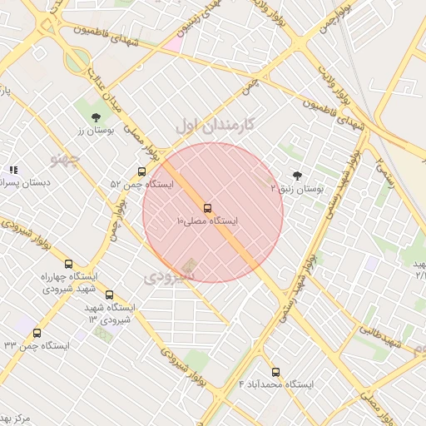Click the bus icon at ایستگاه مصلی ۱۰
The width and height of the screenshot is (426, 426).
coord(207,208)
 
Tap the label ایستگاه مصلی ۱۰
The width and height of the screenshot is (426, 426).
coord(207,222)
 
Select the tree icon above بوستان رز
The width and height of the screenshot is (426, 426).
coord(96,117)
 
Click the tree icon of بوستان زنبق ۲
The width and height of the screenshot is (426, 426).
coord(298,176)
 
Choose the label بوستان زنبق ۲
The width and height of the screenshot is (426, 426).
coord(297,190)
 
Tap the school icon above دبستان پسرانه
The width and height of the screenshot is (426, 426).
coord(12,170)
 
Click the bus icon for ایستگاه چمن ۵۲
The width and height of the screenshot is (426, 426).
coord(141,171)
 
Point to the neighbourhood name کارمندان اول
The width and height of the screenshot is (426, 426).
coord(219,126)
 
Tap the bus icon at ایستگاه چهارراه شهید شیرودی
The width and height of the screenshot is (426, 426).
coord(68,264)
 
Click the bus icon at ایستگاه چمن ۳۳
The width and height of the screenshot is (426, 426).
coord(37,333)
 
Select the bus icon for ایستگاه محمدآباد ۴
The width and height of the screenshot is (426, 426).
coord(275,372)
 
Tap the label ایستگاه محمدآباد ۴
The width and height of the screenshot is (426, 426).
coord(277,385)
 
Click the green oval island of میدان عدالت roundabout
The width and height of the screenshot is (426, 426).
coord(77,59)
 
